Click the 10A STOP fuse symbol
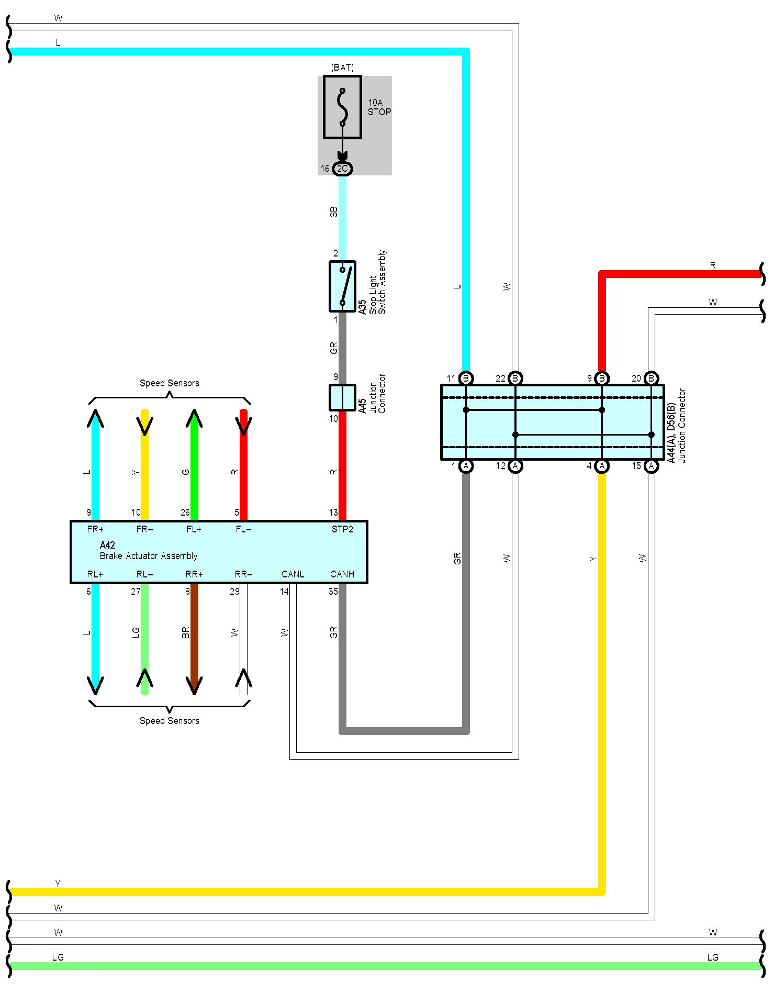point(342,107)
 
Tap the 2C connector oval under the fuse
point(342,169)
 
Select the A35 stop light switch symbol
point(342,286)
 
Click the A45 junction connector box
point(342,397)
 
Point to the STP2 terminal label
point(342,529)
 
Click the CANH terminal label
point(342,574)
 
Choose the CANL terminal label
point(293,574)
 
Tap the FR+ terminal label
point(95,529)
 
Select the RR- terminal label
point(243,574)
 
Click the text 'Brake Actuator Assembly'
point(149,556)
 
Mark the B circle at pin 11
point(466,378)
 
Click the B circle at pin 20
point(651,378)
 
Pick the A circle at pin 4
point(602,466)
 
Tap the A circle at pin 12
point(515,466)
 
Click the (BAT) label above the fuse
point(342,68)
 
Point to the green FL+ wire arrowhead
point(194,419)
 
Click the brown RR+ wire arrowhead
point(194,685)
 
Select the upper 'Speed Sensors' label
point(169,383)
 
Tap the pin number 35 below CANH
point(333,592)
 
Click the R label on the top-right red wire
point(713,265)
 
